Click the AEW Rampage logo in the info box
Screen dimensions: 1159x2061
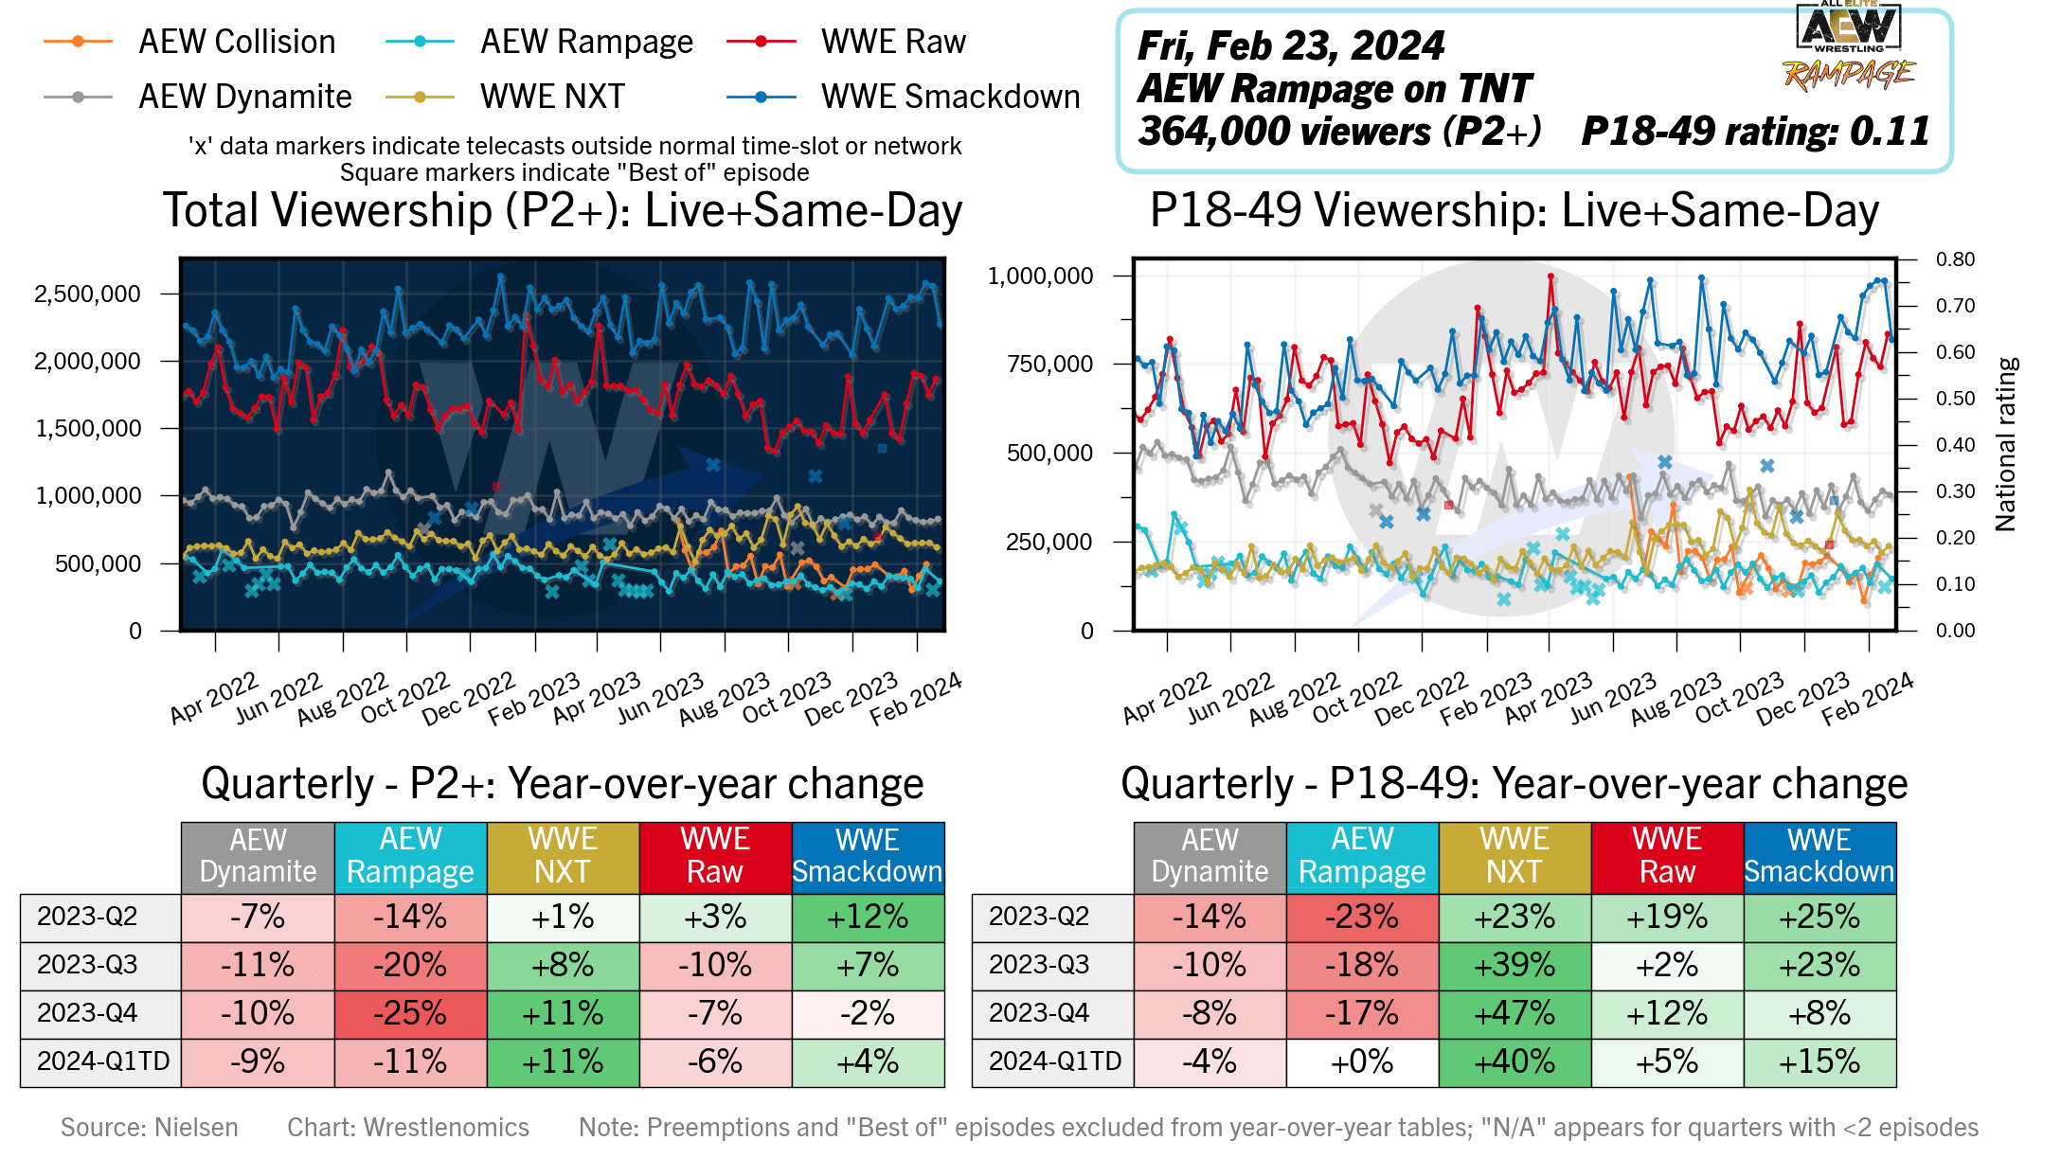pyautogui.click(x=1848, y=47)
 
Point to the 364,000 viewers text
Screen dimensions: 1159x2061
pyautogui.click(x=1338, y=132)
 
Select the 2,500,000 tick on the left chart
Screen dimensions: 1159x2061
pyautogui.click(x=87, y=294)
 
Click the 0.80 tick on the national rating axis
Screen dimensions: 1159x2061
pyautogui.click(x=1955, y=259)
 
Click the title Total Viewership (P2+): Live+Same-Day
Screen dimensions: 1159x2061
pyautogui.click(x=563, y=210)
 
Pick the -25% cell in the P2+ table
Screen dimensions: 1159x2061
pyautogui.click(x=410, y=1014)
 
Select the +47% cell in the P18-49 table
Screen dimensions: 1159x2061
pyautogui.click(x=1514, y=1014)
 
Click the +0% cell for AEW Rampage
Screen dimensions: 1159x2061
pyautogui.click(x=1362, y=1062)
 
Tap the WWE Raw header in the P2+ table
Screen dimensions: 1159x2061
pyautogui.click(x=715, y=856)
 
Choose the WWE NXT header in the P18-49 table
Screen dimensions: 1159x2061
pyautogui.click(x=1514, y=856)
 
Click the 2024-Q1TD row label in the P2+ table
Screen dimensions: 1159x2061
pyautogui.click(x=102, y=1061)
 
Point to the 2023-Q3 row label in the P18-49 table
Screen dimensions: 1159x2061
pyautogui.click(x=1039, y=965)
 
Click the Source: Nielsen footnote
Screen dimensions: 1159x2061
pyautogui.click(x=150, y=1127)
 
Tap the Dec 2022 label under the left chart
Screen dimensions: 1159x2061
pyautogui.click(x=469, y=699)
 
